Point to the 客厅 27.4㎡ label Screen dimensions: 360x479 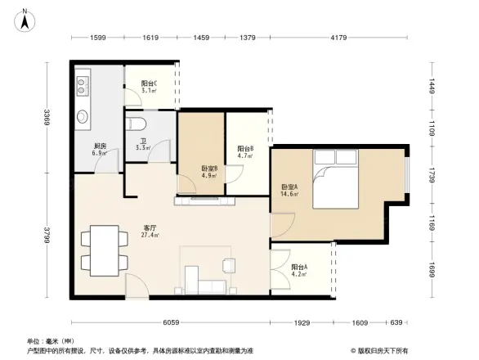click(x=150, y=232)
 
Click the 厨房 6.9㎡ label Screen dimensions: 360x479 click(x=101, y=151)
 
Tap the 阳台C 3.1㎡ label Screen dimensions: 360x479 click(x=149, y=88)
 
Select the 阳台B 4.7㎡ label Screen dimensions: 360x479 click(x=245, y=151)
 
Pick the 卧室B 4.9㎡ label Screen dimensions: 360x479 click(x=208, y=172)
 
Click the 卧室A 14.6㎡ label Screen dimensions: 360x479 click(x=290, y=190)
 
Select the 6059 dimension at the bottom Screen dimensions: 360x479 click(x=170, y=323)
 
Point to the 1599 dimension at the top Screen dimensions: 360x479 click(x=98, y=38)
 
